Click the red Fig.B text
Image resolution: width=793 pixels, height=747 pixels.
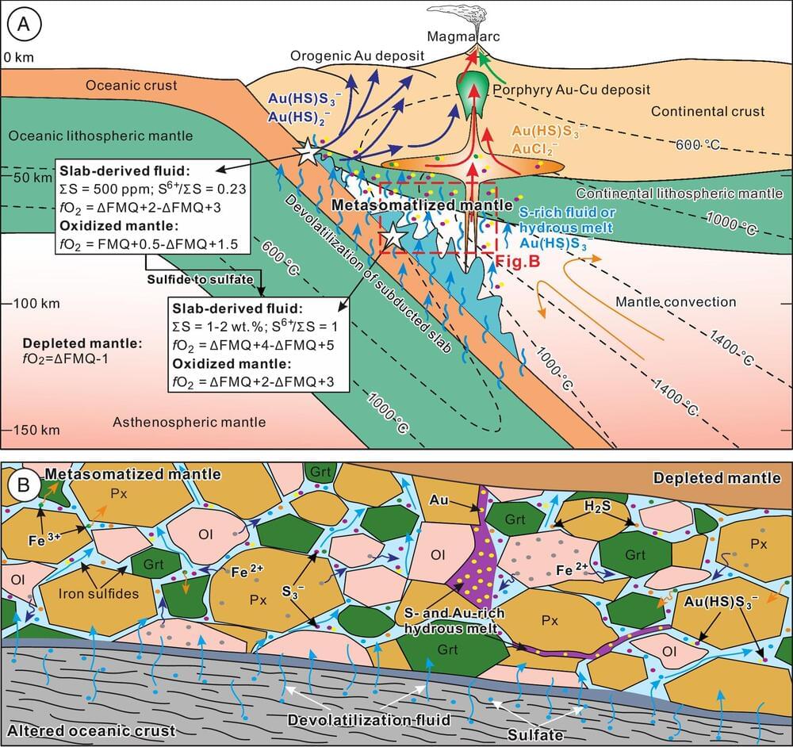click(516, 259)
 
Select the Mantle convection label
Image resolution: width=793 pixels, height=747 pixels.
click(676, 301)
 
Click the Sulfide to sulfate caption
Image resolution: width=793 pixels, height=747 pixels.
click(201, 279)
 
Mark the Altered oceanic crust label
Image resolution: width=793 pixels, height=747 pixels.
click(90, 730)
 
